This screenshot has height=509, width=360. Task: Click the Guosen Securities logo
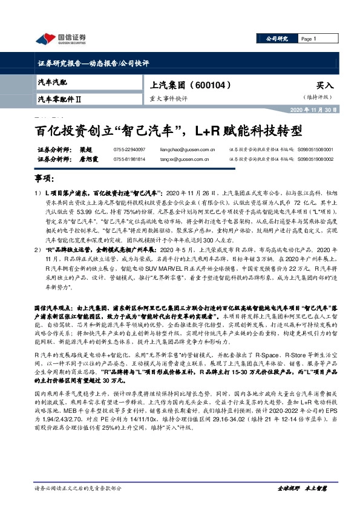point(59,39)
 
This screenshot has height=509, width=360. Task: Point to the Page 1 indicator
point(309,38)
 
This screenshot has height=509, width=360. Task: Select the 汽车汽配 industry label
point(53,82)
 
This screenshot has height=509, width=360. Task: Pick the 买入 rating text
point(324,86)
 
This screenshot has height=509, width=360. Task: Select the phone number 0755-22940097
point(129,149)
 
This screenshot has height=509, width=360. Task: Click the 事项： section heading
point(47,180)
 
